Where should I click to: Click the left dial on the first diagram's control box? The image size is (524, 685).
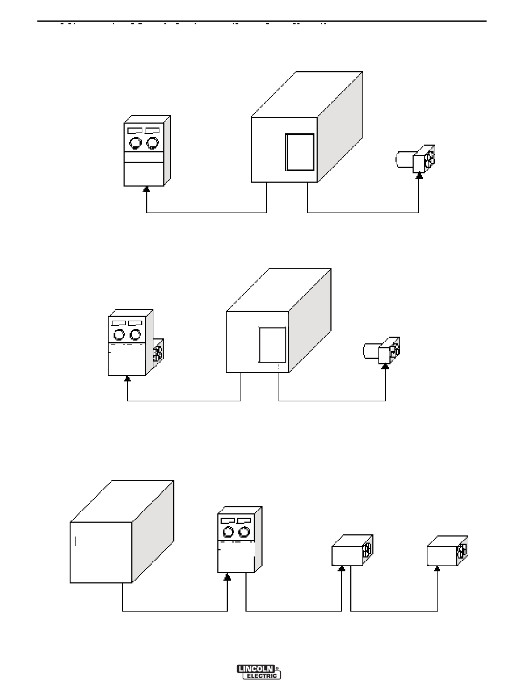pyautogui.click(x=135, y=143)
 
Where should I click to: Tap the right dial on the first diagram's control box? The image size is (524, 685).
pyautogui.click(x=152, y=143)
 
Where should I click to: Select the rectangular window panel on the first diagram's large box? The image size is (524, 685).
pyautogui.click(x=300, y=152)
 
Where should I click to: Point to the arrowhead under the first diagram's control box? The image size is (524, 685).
pyautogui.click(x=146, y=189)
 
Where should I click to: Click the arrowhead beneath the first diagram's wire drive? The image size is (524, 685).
pyautogui.click(x=419, y=176)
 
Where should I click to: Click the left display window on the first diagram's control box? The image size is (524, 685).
pyautogui.click(x=135, y=131)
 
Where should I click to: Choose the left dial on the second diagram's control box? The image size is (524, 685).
pyautogui.click(x=119, y=334)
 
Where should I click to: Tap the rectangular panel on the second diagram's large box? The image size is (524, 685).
pyautogui.click(x=272, y=345)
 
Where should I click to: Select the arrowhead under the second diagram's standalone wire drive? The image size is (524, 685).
pyautogui.click(x=386, y=366)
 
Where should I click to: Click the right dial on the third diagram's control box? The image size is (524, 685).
pyautogui.click(x=244, y=532)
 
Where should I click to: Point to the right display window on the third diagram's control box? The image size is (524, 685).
pyautogui.click(x=244, y=520)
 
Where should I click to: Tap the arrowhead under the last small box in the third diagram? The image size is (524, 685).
pyautogui.click(x=437, y=568)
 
